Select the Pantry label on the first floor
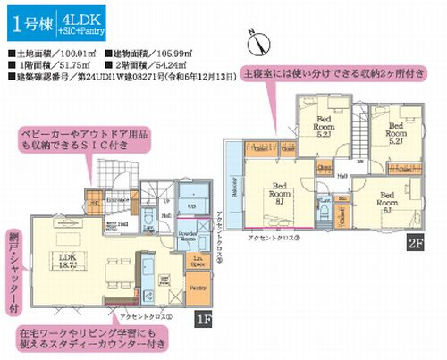tap(198, 289)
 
